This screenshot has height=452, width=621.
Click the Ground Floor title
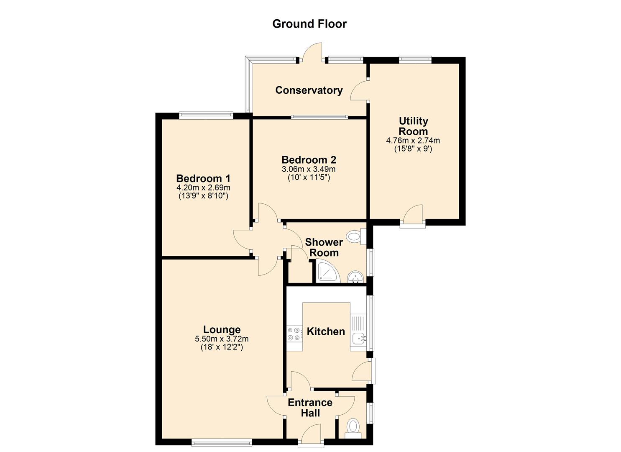coord(309,24)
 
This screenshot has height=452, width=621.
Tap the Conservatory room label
coord(309,90)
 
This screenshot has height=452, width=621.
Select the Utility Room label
coord(413,126)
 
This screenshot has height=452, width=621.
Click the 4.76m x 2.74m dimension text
coord(413,140)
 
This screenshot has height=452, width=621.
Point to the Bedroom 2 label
coord(309,160)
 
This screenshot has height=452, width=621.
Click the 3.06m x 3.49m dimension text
coord(309,169)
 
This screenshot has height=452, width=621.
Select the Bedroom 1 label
coord(203,178)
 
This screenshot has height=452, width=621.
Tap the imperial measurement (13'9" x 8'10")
coord(203,196)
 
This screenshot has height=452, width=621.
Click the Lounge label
coord(222,330)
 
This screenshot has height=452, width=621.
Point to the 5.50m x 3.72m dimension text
coord(222,339)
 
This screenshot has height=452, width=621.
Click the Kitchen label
coord(326,331)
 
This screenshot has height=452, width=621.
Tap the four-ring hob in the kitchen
coord(294,334)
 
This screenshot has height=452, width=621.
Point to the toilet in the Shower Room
coord(357,237)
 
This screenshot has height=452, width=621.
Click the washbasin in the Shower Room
coord(355,277)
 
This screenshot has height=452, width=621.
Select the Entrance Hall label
coord(310,408)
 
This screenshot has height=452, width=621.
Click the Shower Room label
coord(324,247)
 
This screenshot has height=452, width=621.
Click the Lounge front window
coord(222,442)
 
